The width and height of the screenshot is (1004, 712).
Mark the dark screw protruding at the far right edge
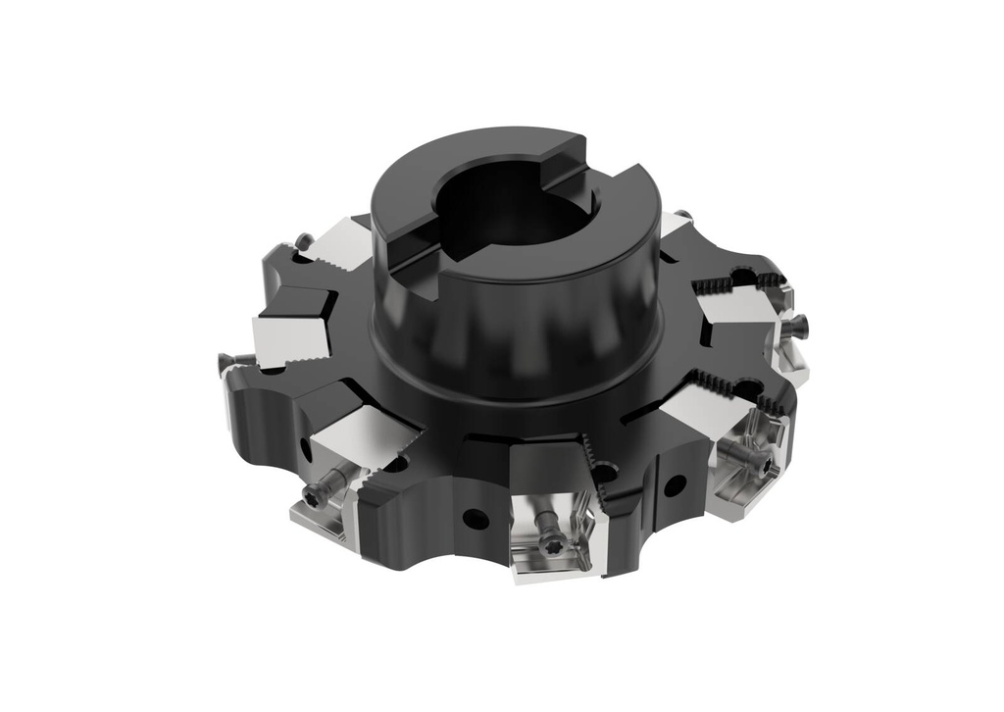pyautogui.click(x=799, y=325)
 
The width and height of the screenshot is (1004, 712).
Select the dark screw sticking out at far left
pyautogui.click(x=222, y=361)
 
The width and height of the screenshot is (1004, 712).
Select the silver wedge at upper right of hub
pyautogui.click(x=676, y=226)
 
